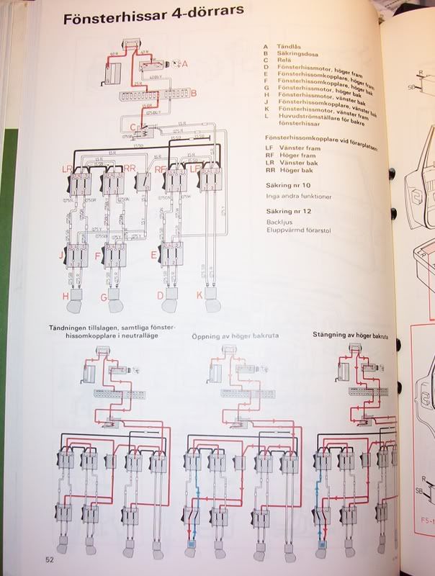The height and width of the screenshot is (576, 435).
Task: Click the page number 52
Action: click(49, 559)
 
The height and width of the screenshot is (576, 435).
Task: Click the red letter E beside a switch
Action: click(153, 254)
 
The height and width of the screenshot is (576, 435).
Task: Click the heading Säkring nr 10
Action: click(288, 184)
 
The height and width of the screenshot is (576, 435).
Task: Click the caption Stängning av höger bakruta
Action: click(354, 335)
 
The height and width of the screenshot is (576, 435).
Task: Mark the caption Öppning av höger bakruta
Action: click(235, 336)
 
